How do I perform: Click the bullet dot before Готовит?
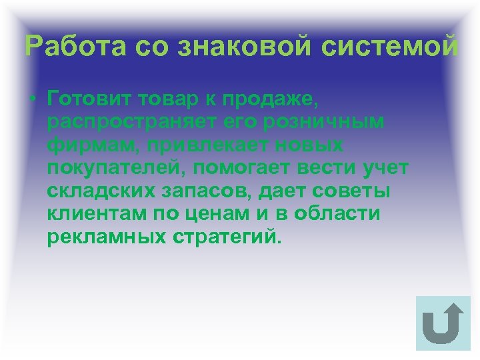[33, 101]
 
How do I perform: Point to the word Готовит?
[89, 100]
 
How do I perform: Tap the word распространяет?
[123, 123]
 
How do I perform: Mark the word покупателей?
[117, 168]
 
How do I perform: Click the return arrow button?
[443, 323]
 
